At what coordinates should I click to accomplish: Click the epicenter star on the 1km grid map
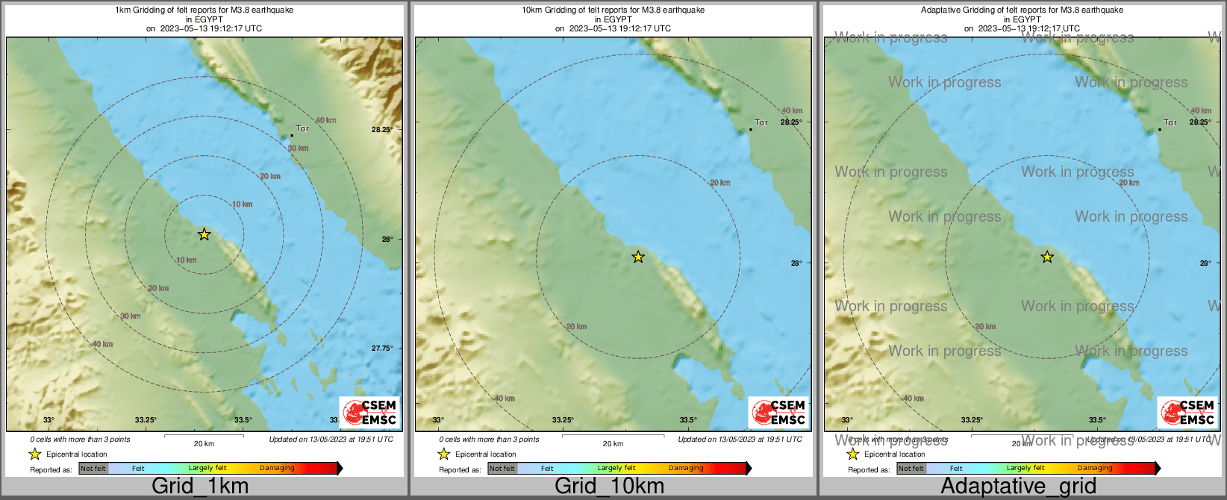point(204,234)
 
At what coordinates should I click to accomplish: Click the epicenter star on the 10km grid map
point(638,257)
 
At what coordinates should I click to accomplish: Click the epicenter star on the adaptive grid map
point(1047,257)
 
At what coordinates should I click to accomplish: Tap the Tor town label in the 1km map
point(302,128)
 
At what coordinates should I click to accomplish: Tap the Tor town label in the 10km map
point(761,122)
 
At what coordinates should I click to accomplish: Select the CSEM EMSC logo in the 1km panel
point(369,411)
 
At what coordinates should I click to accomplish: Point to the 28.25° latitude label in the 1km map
point(382,129)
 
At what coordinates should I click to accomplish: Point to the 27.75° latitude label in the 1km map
point(382,348)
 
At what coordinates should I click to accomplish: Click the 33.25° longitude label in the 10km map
point(563,420)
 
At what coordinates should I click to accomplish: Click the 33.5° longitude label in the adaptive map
point(1097,420)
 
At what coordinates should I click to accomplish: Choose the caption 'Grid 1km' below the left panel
point(200,487)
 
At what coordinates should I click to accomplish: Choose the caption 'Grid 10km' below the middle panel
point(609,487)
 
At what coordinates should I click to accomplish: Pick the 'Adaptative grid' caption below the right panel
point(1019,487)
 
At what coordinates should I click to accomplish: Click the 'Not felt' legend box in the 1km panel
point(93,469)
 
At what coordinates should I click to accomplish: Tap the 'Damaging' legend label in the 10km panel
point(686,468)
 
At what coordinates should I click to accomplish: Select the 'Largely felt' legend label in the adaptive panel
point(1025,468)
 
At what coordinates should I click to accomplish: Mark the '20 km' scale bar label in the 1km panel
point(204,444)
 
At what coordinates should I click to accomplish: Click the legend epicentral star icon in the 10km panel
point(444,454)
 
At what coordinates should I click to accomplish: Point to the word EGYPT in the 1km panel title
point(204,19)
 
